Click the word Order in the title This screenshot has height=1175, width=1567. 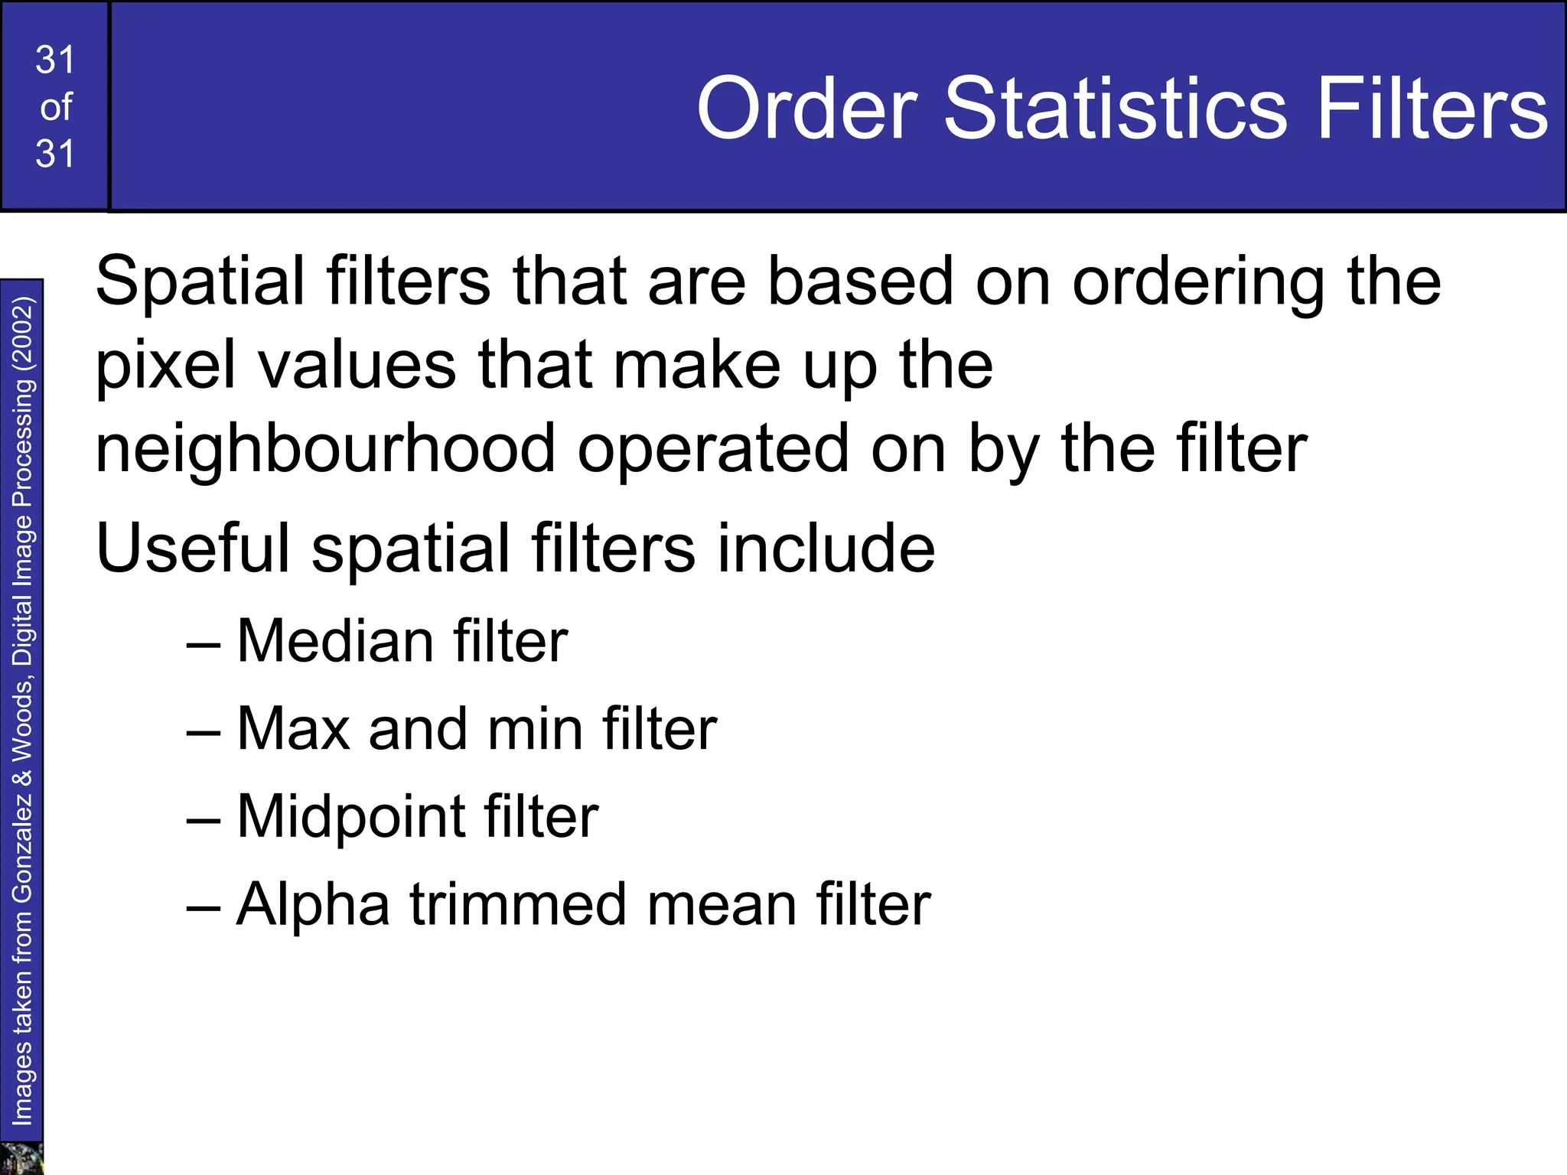click(x=806, y=109)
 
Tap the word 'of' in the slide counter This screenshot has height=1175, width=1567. click(x=56, y=107)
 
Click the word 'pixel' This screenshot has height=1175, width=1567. click(x=165, y=366)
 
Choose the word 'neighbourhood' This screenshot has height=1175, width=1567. click(x=325, y=449)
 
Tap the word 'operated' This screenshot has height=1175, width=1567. click(x=713, y=449)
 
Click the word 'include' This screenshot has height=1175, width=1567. click(x=826, y=548)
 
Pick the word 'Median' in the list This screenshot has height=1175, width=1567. click(x=334, y=641)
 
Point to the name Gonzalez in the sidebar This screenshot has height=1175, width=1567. click(x=22, y=845)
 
